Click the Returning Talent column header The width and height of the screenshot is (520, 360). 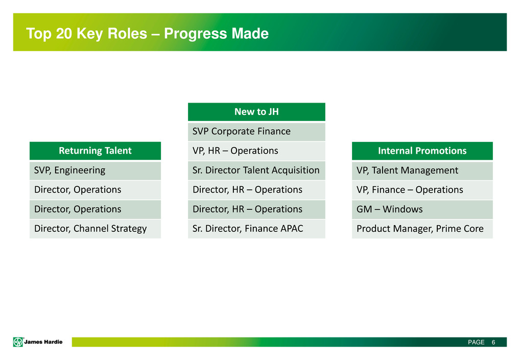click(95, 151)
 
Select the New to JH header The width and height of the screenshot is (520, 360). click(256, 112)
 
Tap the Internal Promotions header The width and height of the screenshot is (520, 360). click(422, 151)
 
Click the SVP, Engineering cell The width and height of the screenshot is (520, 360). click(95, 171)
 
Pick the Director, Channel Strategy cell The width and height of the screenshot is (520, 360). click(95, 229)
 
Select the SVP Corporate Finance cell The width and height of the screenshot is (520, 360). click(256, 132)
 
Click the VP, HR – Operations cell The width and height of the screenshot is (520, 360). click(256, 151)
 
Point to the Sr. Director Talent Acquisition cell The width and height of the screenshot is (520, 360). click(256, 171)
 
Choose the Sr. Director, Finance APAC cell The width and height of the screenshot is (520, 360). click(256, 229)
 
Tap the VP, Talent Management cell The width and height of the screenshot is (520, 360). click(422, 171)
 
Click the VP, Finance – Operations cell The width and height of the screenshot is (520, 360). click(422, 190)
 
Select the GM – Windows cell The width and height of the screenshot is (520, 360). click(422, 209)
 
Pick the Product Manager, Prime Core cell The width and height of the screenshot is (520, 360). click(422, 229)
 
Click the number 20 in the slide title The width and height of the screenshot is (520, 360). click(64, 34)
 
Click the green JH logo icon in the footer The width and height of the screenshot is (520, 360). click(18, 342)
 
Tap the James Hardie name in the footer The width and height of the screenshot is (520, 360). click(43, 342)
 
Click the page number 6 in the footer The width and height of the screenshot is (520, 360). click(493, 342)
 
